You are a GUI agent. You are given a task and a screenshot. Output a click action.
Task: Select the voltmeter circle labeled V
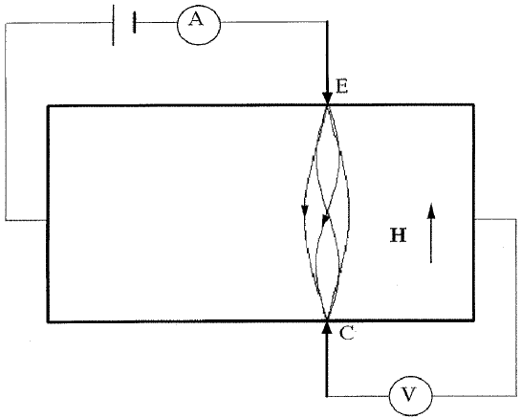tap(412, 392)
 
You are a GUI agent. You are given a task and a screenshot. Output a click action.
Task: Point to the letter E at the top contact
tap(341, 87)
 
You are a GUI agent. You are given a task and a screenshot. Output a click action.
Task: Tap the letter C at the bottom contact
tap(346, 333)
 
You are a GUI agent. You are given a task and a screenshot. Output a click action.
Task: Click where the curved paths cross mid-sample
tap(327, 212)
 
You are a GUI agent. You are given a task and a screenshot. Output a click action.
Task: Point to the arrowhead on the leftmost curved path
tap(305, 209)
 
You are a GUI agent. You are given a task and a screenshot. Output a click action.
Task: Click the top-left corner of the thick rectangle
tap(48, 105)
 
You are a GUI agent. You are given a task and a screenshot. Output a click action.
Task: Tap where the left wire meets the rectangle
tap(48, 220)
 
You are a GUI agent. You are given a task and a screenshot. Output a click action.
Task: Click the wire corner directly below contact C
tap(327, 393)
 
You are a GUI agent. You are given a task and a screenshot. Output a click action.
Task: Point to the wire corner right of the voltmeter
tap(516, 392)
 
